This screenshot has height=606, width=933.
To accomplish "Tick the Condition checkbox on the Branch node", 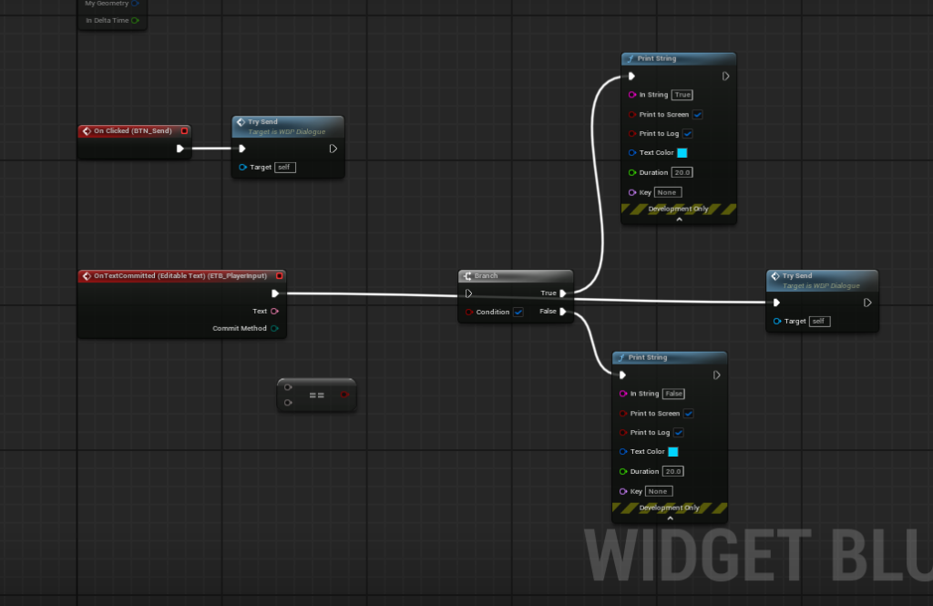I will (x=518, y=312).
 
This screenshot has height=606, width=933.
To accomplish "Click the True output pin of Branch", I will (x=563, y=293).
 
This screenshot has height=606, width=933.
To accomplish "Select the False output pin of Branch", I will (x=563, y=312).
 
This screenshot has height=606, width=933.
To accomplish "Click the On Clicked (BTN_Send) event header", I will (x=133, y=131).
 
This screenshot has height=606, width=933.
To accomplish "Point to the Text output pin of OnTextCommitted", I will (x=274, y=311).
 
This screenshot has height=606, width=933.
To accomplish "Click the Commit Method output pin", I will (x=274, y=328).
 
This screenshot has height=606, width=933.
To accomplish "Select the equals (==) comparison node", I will (x=316, y=395).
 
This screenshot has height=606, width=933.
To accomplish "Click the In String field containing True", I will (x=682, y=95).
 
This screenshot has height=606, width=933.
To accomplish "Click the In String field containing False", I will (x=673, y=394).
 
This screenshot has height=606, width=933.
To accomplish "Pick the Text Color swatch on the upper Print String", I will (x=682, y=153).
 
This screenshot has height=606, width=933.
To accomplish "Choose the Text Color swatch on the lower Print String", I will (x=672, y=452).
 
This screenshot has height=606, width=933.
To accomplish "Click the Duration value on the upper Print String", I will (x=682, y=172).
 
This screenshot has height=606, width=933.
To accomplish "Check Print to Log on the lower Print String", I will (x=679, y=433).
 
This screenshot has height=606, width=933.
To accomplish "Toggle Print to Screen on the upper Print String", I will (x=697, y=115).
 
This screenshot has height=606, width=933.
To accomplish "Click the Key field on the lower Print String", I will (x=659, y=491).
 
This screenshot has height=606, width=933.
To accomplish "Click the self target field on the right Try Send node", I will (x=819, y=321).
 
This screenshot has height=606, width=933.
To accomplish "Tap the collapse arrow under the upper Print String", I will (x=679, y=220).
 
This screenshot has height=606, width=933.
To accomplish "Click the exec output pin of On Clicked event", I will (x=180, y=149).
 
